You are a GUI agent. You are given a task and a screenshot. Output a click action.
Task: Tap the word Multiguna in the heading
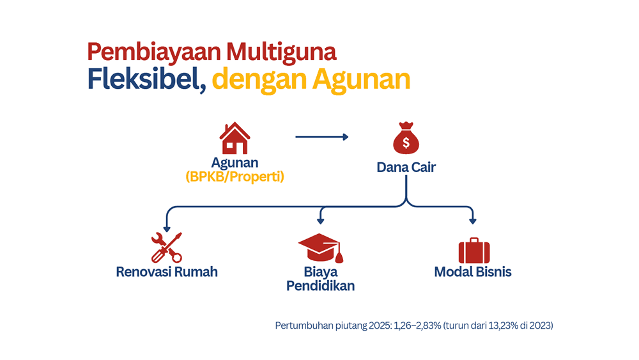tap(281, 52)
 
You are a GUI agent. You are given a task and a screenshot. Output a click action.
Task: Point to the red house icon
tap(235, 138)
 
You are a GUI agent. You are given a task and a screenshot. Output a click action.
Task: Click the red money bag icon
tap(406, 138)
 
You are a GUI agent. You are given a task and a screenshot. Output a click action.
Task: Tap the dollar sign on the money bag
tap(406, 143)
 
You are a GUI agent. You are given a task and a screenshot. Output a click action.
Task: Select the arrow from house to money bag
tap(322, 137)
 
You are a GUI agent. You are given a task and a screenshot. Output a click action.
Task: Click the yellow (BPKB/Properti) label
tap(235, 176)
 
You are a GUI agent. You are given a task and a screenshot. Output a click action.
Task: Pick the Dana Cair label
tap(406, 167)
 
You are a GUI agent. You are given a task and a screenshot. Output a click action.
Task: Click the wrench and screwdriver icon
tap(166, 247)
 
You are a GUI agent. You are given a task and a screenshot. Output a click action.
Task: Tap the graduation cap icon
tap(321, 247)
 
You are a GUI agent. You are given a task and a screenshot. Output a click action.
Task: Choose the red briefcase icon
tap(474, 250)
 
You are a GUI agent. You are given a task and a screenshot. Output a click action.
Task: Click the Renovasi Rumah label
tap(167, 272)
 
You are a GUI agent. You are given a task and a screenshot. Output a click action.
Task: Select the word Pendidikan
tap(320, 286)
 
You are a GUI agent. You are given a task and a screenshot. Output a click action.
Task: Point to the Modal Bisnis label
tap(473, 272)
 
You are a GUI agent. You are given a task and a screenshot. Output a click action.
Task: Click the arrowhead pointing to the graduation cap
tap(321, 221)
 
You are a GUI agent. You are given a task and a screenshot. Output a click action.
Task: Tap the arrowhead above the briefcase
tap(473, 221)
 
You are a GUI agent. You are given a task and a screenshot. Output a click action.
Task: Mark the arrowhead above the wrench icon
tap(167, 229)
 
